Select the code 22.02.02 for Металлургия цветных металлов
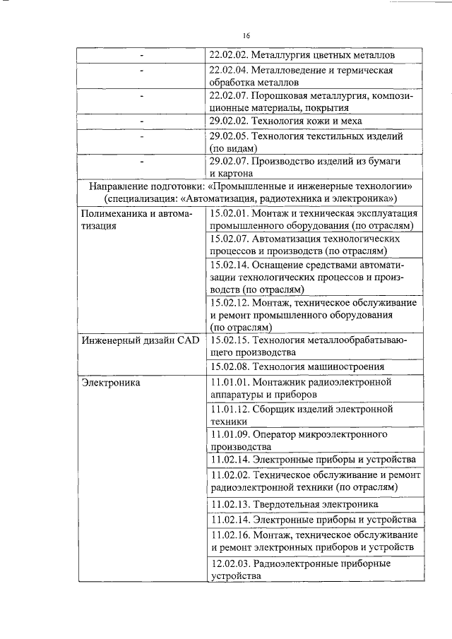tap(228, 55)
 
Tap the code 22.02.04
tap(228, 71)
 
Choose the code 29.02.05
tap(228, 136)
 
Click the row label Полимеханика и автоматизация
tap(135, 219)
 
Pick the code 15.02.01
tap(228, 213)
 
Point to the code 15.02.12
tap(228, 302)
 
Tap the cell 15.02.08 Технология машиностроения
tap(297, 366)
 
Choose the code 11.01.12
tap(228, 409)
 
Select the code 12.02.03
tap(229, 563)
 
